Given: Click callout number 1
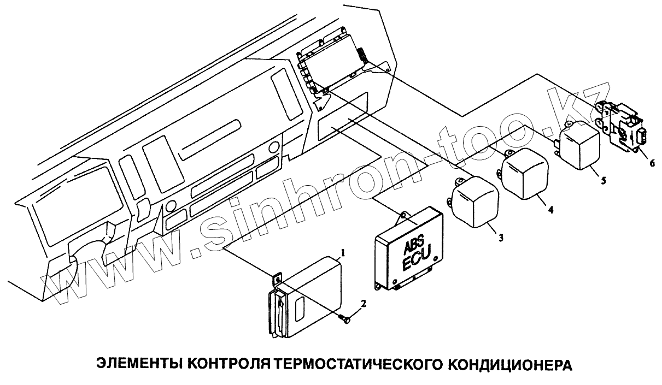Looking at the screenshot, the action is pos(343,253).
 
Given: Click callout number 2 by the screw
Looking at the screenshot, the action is pos(363,303).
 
